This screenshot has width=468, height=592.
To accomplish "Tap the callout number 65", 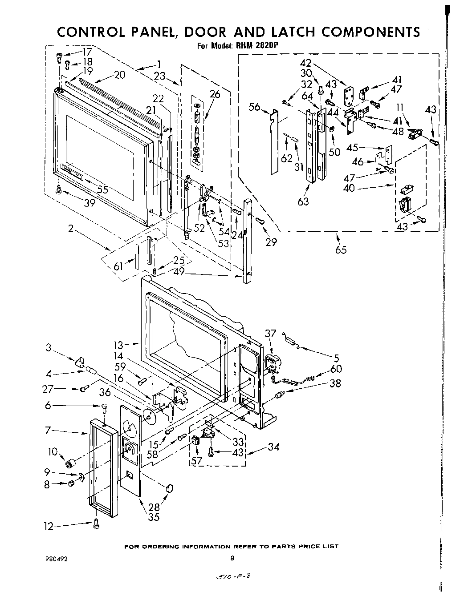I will (341, 249).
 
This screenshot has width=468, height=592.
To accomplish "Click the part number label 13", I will (118, 344).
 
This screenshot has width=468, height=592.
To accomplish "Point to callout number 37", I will (270, 333).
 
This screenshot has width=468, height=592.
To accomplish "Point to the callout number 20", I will (119, 75).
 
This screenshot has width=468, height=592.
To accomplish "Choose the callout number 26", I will (215, 94).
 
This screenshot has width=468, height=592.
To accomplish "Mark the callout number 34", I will (273, 447).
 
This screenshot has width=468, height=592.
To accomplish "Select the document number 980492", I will (56, 559).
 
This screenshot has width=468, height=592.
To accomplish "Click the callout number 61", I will (118, 266).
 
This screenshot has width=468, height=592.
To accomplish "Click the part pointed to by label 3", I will (79, 359).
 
